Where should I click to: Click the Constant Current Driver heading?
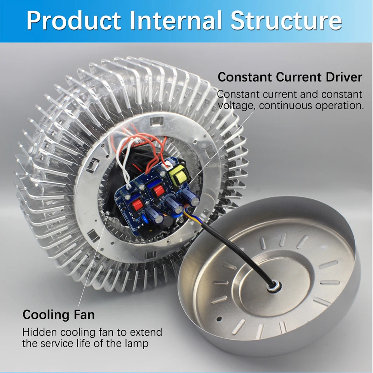(x=290, y=77)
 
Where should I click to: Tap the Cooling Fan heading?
(x=59, y=314)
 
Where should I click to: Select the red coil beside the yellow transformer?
(x=159, y=191)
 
